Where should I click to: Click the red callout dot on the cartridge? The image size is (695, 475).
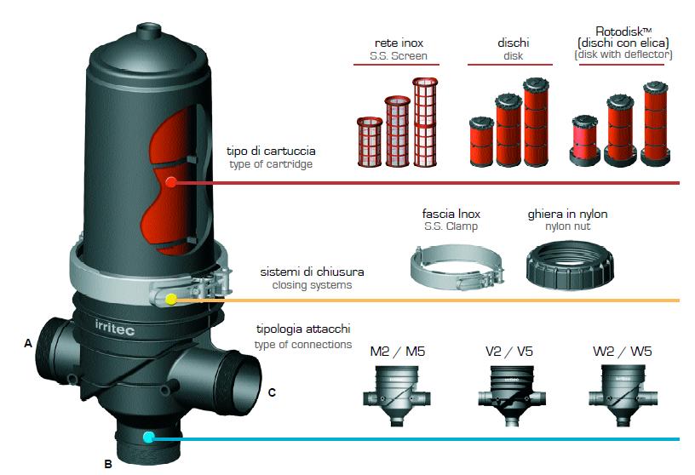[x=171, y=182]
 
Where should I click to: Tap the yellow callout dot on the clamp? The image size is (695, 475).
[x=171, y=300]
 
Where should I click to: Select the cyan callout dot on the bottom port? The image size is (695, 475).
[x=149, y=438]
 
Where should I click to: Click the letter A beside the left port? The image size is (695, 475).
[x=28, y=344]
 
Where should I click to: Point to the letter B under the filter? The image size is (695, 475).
[x=107, y=464]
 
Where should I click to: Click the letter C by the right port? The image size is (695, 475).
[x=272, y=392]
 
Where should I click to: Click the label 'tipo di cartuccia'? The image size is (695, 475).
[x=264, y=151]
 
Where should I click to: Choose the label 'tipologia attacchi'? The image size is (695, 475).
[x=303, y=329]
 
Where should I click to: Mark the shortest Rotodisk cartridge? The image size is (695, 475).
[x=583, y=140]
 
